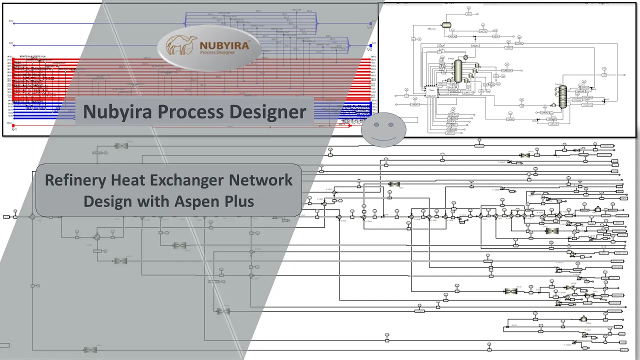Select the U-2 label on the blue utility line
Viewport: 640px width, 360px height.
(369, 48)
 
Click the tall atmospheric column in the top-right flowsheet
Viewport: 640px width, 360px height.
(457, 72)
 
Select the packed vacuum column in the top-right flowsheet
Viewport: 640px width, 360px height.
(563, 96)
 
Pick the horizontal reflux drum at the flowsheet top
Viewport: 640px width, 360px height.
(446, 24)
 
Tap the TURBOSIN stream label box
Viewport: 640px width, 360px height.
(507, 70)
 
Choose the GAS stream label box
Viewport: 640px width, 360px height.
(469, 14)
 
